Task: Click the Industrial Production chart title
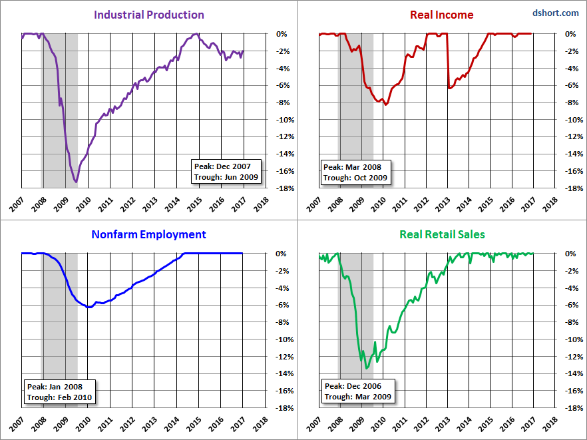pos(148,15)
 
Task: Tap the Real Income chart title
pos(442,15)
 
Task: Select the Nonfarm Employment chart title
pos(148,234)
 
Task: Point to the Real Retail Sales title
pos(442,234)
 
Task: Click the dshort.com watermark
pos(556,13)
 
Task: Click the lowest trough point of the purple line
pos(76,182)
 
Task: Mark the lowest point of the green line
pos(367,369)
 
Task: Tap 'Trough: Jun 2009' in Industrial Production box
pos(226,177)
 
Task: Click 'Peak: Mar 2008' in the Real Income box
pos(352,167)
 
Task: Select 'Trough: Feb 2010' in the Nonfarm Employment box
pos(59,397)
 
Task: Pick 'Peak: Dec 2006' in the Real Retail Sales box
pos(353,386)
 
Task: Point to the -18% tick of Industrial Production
pos(286,188)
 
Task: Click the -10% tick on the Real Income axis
pos(574,120)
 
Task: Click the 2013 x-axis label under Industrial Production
pos(150,204)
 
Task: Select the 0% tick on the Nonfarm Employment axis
pos(281,254)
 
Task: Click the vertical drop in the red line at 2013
pos(448,61)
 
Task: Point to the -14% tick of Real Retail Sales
pos(574,373)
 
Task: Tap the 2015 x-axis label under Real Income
pos(486,204)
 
